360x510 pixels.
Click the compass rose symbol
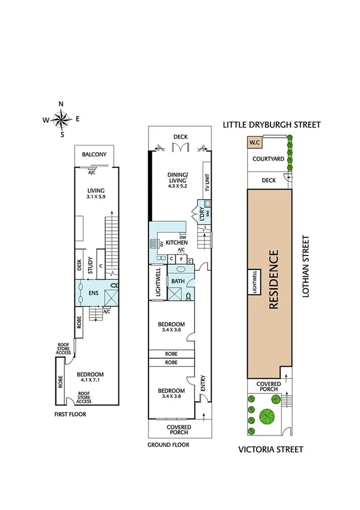pos(61,119)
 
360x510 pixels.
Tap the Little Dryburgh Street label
pos(272,124)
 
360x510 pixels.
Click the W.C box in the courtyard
pos(254,143)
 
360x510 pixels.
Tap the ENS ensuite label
pos(93,293)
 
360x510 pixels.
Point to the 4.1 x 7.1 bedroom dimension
pos(90,381)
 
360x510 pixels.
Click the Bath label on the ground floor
pos(178,281)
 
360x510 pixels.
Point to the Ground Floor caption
pos(168,445)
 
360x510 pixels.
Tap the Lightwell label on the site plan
pos(254,280)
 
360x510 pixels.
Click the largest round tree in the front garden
pos(265,416)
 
